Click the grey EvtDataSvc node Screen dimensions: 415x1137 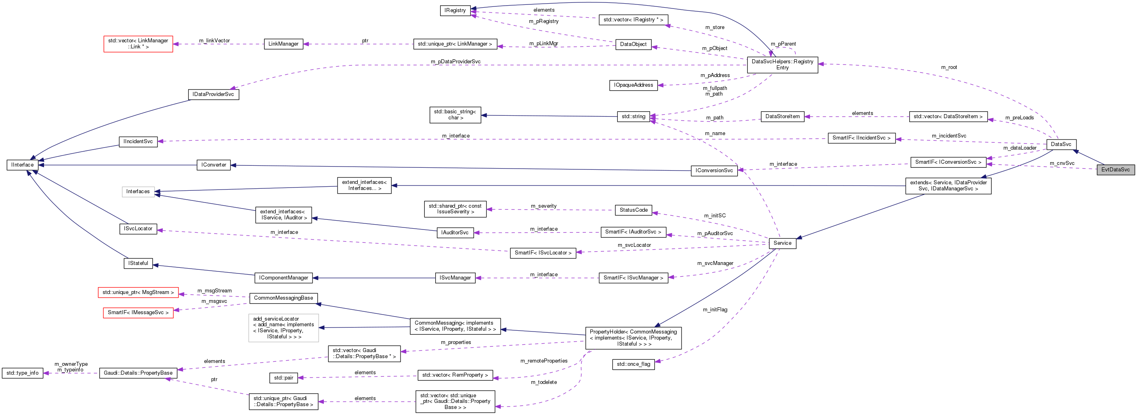[x=1115, y=170]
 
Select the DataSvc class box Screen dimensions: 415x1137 [x=1061, y=144]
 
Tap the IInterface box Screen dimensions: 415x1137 [x=23, y=165]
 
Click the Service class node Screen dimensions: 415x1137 [x=782, y=243]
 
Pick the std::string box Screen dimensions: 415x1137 [x=634, y=117]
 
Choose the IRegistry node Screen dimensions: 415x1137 [x=455, y=10]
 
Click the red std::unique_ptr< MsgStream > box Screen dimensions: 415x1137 [x=138, y=292]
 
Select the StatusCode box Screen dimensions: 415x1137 [x=634, y=210]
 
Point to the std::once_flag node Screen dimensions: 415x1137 [x=634, y=364]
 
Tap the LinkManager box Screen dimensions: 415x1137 [x=283, y=44]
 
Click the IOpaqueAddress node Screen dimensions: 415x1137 [x=634, y=85]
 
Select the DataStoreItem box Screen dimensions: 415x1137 [x=782, y=117]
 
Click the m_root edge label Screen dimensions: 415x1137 [x=949, y=67]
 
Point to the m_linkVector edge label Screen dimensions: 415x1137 [x=214, y=41]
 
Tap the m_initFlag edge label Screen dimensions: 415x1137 [x=715, y=310]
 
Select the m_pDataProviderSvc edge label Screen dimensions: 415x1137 [x=455, y=62]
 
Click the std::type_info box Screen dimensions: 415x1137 [x=23, y=373]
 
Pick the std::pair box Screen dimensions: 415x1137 [x=283, y=378]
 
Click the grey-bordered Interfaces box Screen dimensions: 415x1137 [x=138, y=192]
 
